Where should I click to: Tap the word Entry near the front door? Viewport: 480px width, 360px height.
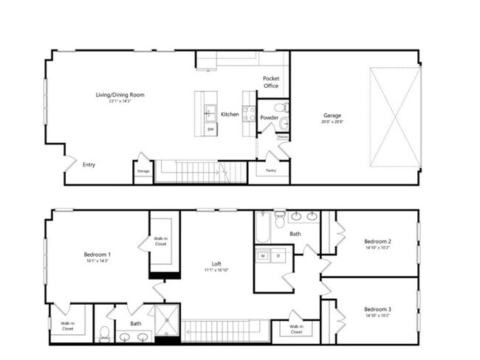click(89, 165)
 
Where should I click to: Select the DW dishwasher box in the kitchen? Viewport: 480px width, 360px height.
click(210, 130)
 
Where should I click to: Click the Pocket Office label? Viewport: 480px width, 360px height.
click(271, 83)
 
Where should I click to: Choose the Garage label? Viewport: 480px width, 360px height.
click(332, 115)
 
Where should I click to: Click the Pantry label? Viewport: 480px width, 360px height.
click(271, 171)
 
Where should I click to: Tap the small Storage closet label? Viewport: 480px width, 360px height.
click(143, 171)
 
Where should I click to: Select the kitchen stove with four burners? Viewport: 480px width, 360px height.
click(250, 114)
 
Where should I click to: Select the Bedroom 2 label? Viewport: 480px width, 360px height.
click(377, 241)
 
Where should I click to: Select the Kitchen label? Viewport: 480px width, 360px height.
click(230, 114)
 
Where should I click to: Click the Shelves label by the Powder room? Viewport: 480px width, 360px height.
click(283, 136)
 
